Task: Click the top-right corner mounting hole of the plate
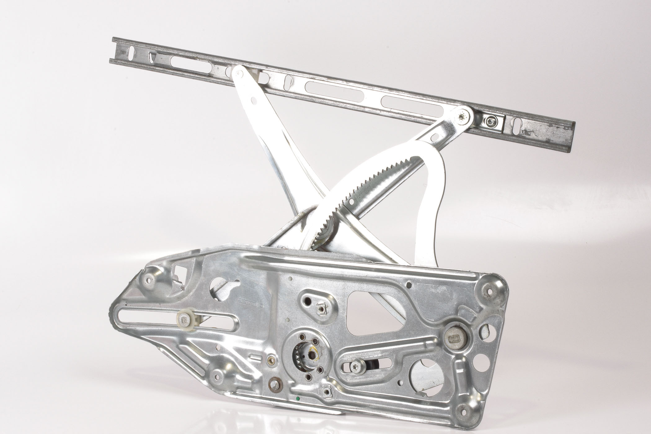pos(490,291)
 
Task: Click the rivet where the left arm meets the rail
pos(238,73)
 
